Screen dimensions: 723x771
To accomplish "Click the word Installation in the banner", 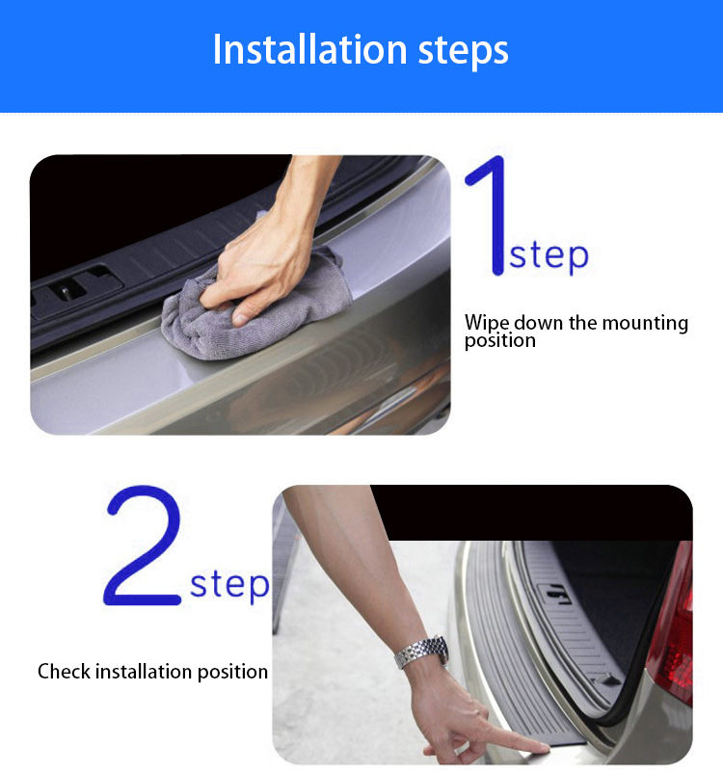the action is coord(309,49).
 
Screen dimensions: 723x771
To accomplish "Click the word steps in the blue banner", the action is coord(463,52).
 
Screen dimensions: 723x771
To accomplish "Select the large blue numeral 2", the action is coord(143,545).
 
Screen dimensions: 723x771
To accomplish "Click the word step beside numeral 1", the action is coord(549,256).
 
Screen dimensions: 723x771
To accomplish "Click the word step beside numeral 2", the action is coord(229,585).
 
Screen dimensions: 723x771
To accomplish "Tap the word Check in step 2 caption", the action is coord(65,671).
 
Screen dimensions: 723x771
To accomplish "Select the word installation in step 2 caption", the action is coord(143,671).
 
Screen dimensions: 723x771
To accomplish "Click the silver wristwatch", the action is coord(421,652).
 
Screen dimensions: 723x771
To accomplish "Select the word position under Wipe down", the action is coord(500,341).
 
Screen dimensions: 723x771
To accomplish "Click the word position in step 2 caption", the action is coord(232,673).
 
